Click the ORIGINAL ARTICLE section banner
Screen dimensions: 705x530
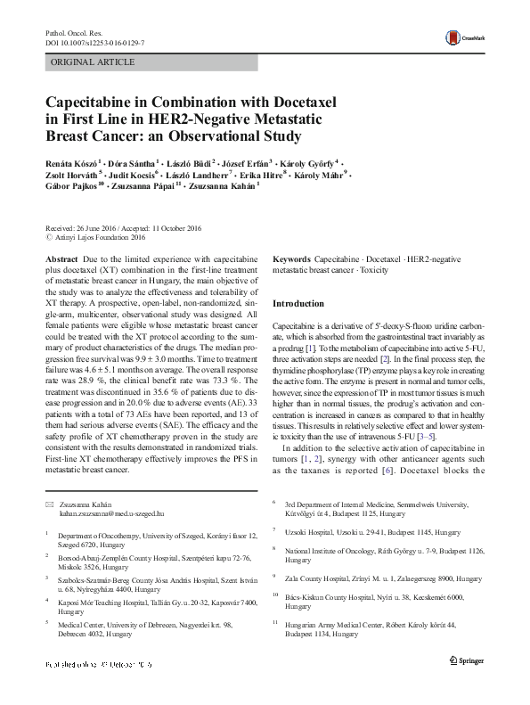click(x=94, y=62)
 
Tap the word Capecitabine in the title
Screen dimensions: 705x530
click(x=91, y=103)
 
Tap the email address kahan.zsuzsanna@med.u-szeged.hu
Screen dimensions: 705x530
click(x=112, y=512)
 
